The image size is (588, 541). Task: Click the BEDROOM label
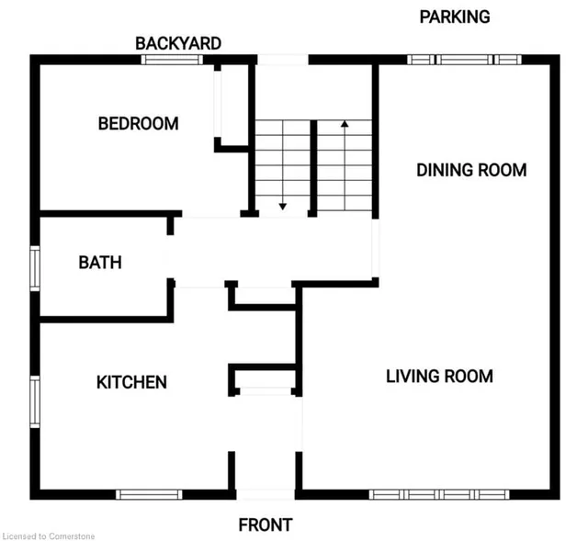pos(138,124)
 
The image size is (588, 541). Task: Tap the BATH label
pos(100,263)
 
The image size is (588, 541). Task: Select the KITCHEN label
pos(131,382)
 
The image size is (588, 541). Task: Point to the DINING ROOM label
pos(471,170)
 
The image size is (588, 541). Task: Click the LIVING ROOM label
pos(439,377)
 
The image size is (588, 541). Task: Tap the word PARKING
pos(455,17)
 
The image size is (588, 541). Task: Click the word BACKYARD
pos(178,43)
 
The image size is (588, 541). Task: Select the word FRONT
pos(266,524)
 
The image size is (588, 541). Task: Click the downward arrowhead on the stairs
pos(283,206)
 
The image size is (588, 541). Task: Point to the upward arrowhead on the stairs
pos(345,124)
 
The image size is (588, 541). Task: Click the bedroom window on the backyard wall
pos(172,60)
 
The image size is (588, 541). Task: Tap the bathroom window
pos(35,268)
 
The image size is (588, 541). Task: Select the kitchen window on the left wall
pos(35,402)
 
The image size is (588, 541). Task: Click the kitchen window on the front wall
pos(149,494)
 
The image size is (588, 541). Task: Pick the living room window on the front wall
pos(439,494)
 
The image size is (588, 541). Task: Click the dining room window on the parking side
pos(464,60)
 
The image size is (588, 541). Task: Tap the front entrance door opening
pos(266,494)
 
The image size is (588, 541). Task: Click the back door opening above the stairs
pos(283,60)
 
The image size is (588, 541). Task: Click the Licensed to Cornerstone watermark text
pos(49,536)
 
